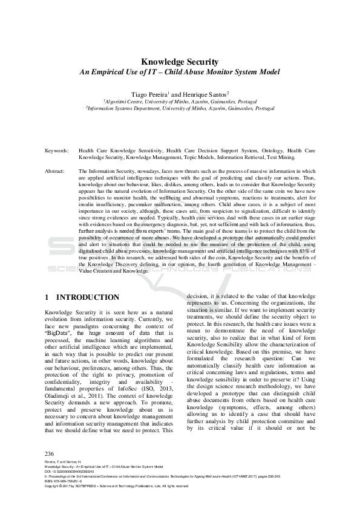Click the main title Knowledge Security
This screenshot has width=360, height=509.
(180, 62)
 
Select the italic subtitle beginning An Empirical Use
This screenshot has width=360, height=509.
(180, 73)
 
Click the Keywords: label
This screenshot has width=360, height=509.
(56, 149)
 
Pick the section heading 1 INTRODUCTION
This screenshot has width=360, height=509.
(82, 297)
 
